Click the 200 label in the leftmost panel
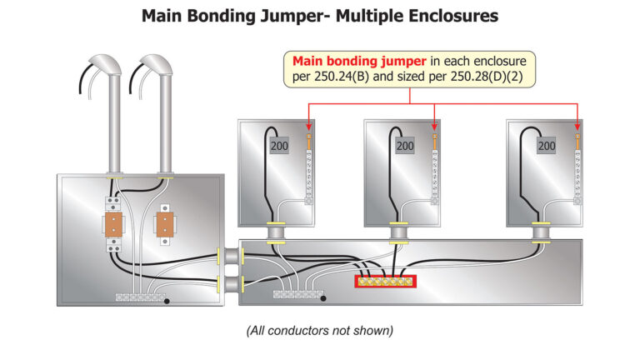click(x=279, y=146)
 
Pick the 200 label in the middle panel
click(x=405, y=146)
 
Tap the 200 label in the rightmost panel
click(x=547, y=146)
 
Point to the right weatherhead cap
click(x=156, y=65)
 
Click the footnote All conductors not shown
click(x=319, y=331)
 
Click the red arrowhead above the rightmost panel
click(x=577, y=127)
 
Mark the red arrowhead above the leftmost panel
click(x=310, y=127)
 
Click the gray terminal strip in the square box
click(x=138, y=296)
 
